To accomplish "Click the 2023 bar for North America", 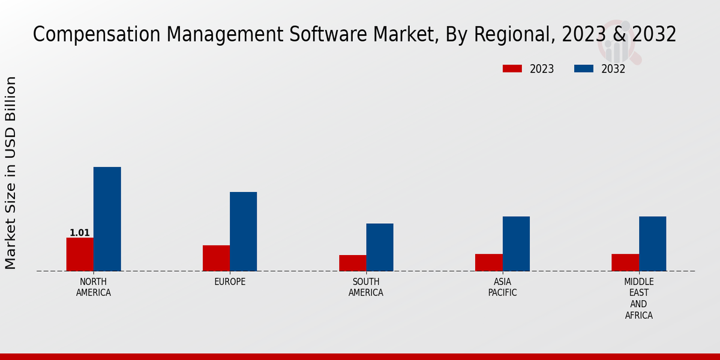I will coord(80,254).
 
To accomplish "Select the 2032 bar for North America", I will coord(107,219).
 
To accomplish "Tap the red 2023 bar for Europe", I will coord(216,258).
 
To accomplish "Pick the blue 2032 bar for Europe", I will coord(243,232).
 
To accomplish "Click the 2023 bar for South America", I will coord(352,263).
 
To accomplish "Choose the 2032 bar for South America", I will coord(380,247).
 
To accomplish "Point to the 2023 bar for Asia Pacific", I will coord(489,262).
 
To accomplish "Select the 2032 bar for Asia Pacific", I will coord(516,244).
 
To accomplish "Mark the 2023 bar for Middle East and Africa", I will coord(625,262).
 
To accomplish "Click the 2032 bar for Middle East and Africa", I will coord(652,244).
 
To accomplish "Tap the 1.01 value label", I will coord(80,233).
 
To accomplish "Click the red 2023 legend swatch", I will coord(512,69).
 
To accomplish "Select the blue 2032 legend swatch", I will coord(583,69).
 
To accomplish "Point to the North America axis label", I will coord(94,287).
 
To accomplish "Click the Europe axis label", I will coord(230,282).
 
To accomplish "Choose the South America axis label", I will coord(366,287).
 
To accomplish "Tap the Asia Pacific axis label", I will coord(503,287).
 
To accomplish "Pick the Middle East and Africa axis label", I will coord(639,298).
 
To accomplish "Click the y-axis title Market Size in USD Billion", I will coord(11,173).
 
